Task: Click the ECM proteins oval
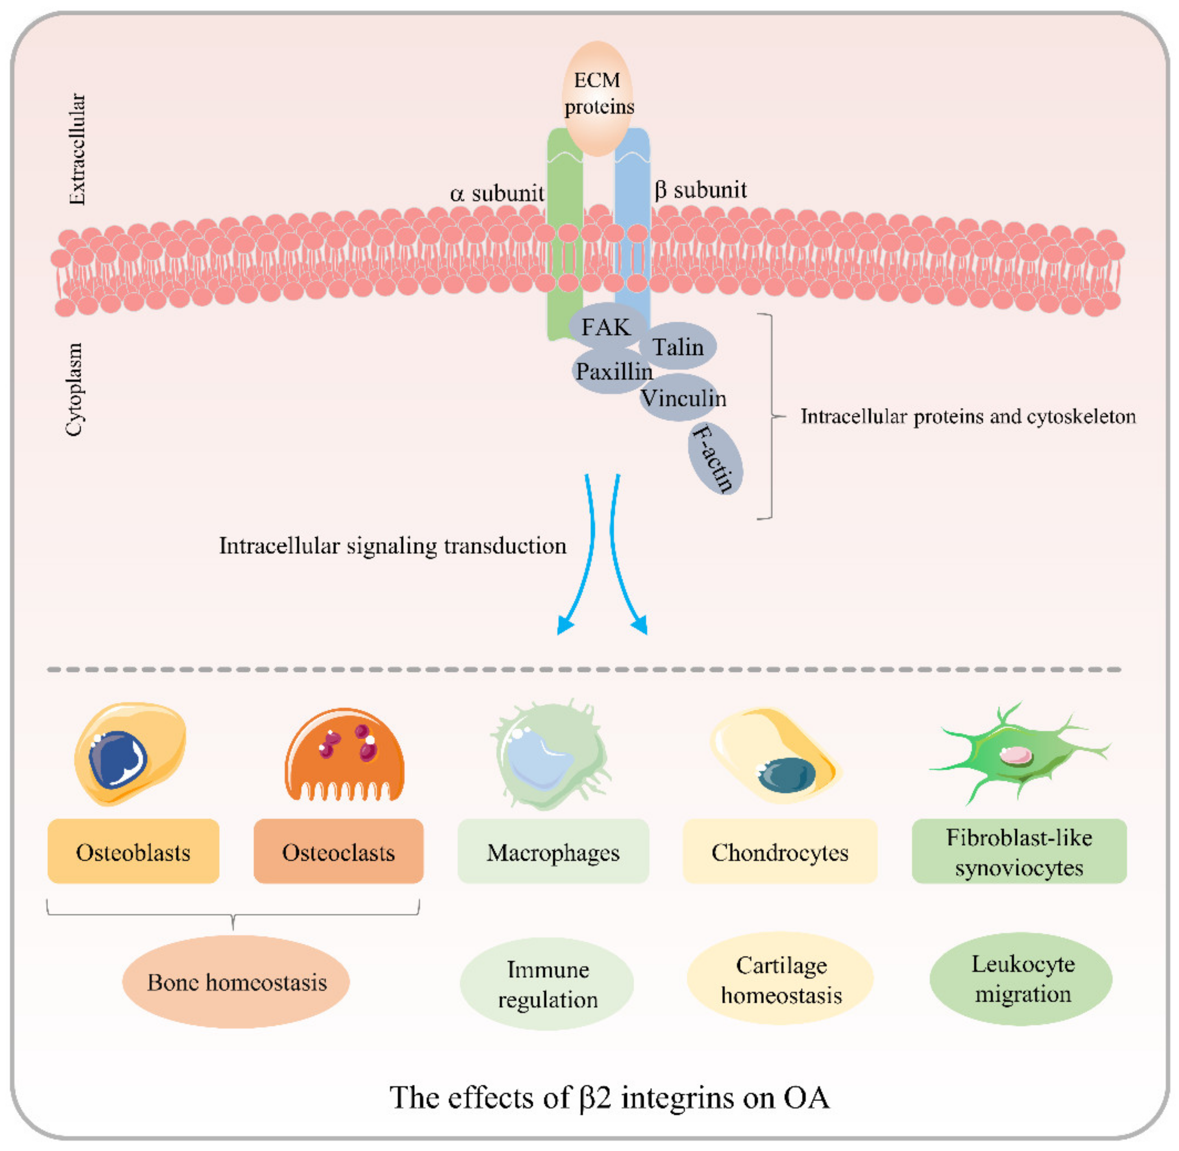597,97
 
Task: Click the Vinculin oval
682,398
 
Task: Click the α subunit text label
496,193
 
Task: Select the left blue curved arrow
582,556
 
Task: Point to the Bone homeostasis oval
236,982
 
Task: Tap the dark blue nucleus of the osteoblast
117,759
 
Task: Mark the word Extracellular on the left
77,149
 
